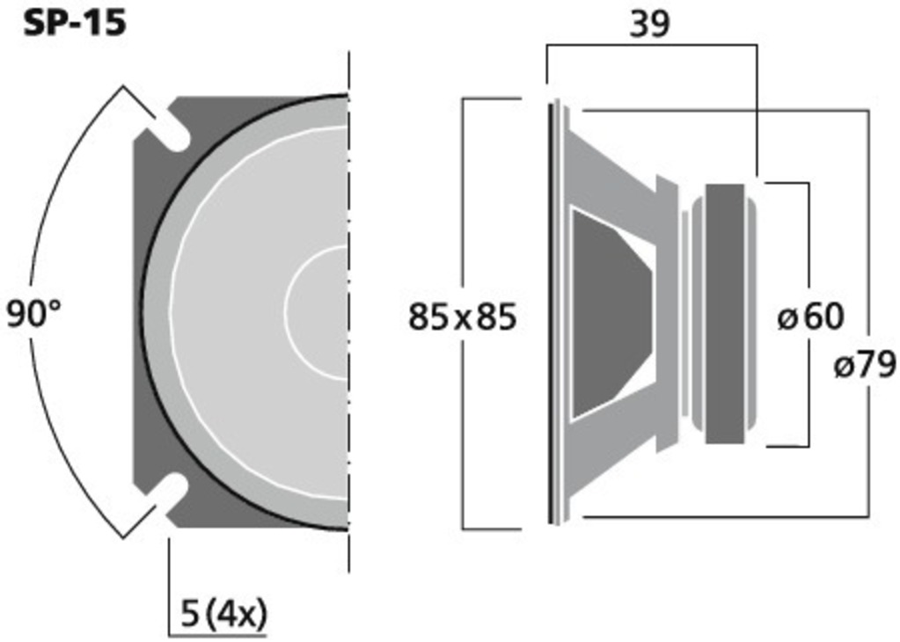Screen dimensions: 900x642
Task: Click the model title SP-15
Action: (74, 24)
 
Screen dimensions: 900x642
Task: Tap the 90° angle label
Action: (33, 315)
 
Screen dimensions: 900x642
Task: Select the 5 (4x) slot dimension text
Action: (223, 614)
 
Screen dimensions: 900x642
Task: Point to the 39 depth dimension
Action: (650, 24)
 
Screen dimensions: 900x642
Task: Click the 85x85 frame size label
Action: (462, 317)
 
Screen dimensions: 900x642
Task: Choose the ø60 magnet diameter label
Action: (810, 316)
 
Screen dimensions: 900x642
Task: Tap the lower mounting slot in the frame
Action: (168, 494)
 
